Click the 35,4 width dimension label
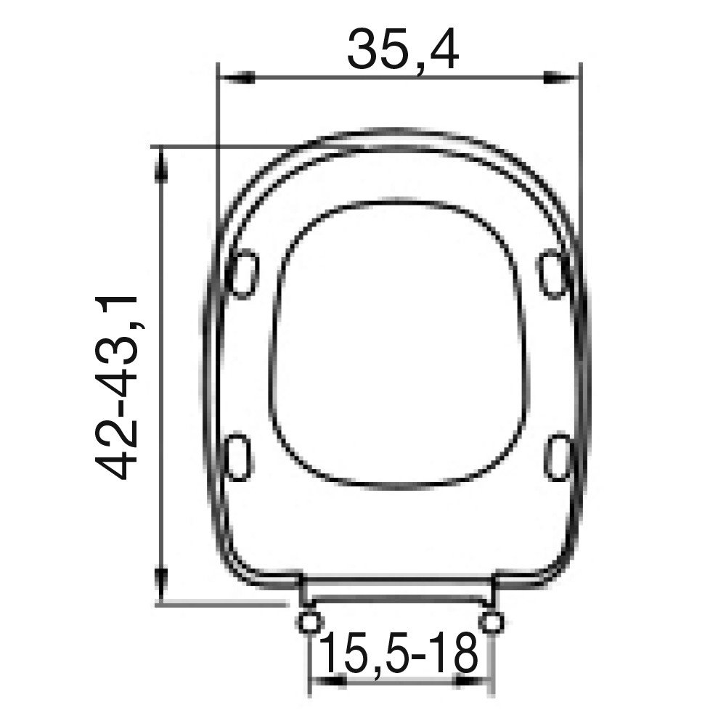pyautogui.click(x=403, y=49)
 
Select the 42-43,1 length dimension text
pyautogui.click(x=117, y=387)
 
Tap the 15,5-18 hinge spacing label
pyautogui.click(x=398, y=653)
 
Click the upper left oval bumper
pyautogui.click(x=243, y=273)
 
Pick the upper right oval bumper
pyautogui.click(x=553, y=273)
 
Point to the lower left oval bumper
pyautogui.click(x=240, y=457)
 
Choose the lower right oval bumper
pyautogui.click(x=558, y=457)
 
